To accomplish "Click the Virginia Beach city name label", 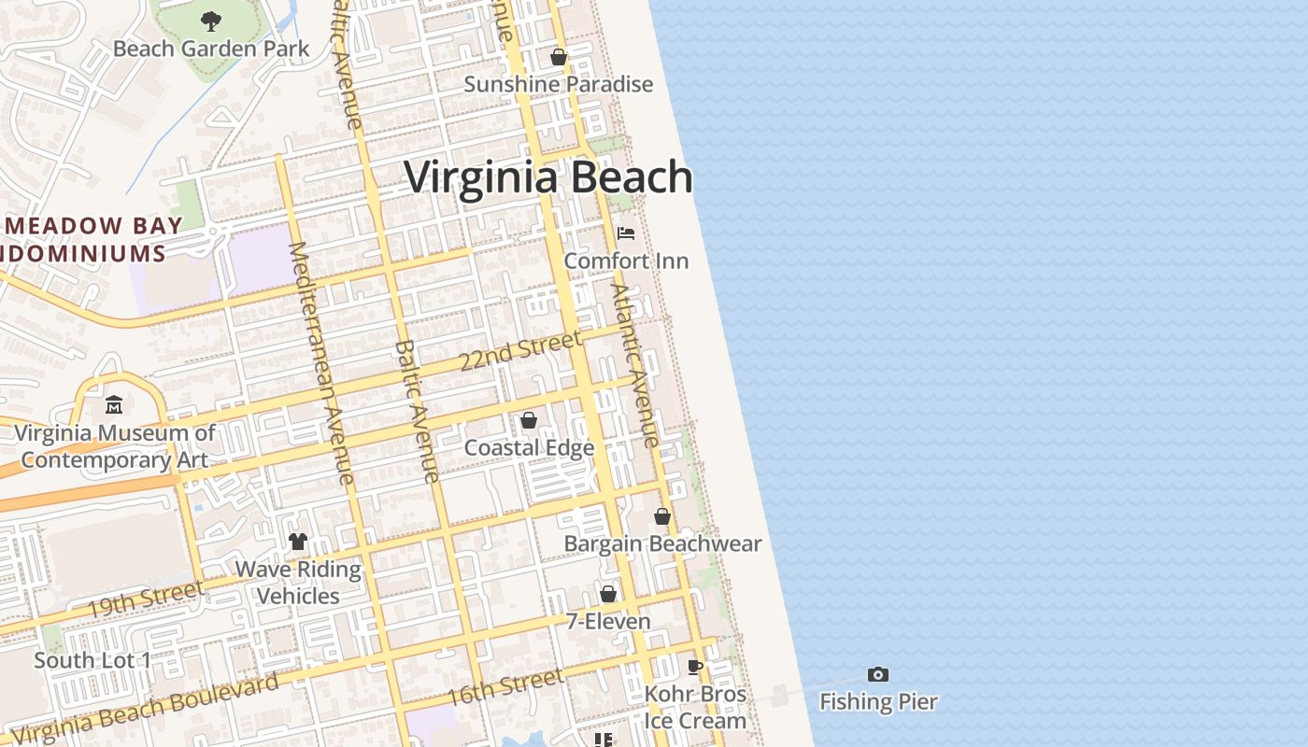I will click(548, 177).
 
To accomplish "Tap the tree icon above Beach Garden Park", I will click(211, 21).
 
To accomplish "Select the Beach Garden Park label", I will click(211, 49).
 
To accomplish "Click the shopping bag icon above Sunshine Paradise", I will click(559, 57).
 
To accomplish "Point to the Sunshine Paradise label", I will click(559, 84).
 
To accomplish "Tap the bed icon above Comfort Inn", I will click(626, 233).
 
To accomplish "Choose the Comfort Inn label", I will click(626, 261).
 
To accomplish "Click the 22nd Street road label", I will click(520, 352).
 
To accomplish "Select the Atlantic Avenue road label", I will click(635, 364).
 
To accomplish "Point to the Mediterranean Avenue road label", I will click(321, 364).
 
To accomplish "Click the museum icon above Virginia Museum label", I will click(114, 405).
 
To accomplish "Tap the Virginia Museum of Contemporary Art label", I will click(114, 446).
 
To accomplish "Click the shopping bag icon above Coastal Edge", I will click(529, 421).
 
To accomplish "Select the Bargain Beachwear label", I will click(662, 543).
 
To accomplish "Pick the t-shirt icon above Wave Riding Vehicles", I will click(298, 542).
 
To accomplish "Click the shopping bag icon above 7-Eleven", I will click(608, 594).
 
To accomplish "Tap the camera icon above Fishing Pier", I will click(878, 674).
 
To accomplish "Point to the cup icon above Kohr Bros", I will click(695, 667).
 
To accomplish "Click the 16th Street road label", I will click(505, 687).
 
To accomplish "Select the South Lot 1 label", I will click(92, 660).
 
